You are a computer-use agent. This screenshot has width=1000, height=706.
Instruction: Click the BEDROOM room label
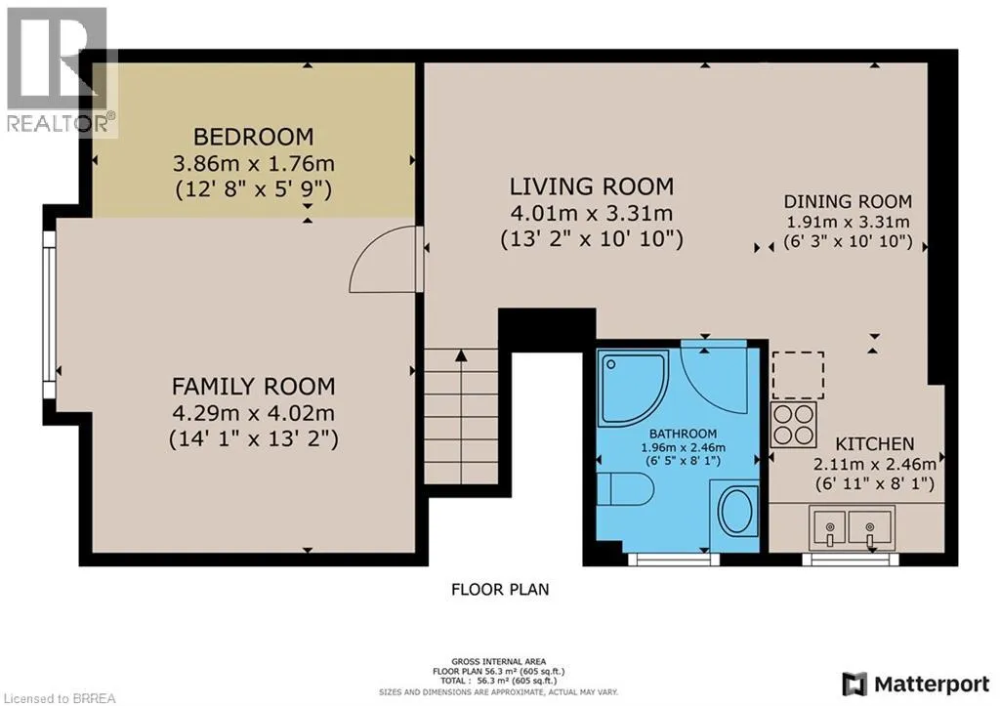(253, 137)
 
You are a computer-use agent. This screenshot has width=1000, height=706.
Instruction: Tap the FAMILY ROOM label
(253, 386)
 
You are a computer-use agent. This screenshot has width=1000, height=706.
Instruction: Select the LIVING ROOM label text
(591, 187)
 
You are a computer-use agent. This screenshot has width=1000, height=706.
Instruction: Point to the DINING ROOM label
(848, 201)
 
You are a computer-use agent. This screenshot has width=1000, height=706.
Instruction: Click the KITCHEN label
(874, 444)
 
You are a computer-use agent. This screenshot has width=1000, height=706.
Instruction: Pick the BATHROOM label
(683, 434)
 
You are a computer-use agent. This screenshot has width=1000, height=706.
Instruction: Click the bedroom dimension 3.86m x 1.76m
(253, 163)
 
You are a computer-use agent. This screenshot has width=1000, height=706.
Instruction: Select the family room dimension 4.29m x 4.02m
(253, 413)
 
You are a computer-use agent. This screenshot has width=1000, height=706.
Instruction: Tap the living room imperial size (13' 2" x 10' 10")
(591, 239)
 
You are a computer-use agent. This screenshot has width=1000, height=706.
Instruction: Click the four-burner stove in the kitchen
(793, 424)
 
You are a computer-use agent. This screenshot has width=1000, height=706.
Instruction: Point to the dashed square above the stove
(798, 375)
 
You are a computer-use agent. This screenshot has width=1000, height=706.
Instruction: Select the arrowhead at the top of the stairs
(461, 355)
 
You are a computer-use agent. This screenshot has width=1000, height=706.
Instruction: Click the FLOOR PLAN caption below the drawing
(500, 589)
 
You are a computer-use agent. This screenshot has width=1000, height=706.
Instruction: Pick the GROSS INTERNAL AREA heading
(498, 662)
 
